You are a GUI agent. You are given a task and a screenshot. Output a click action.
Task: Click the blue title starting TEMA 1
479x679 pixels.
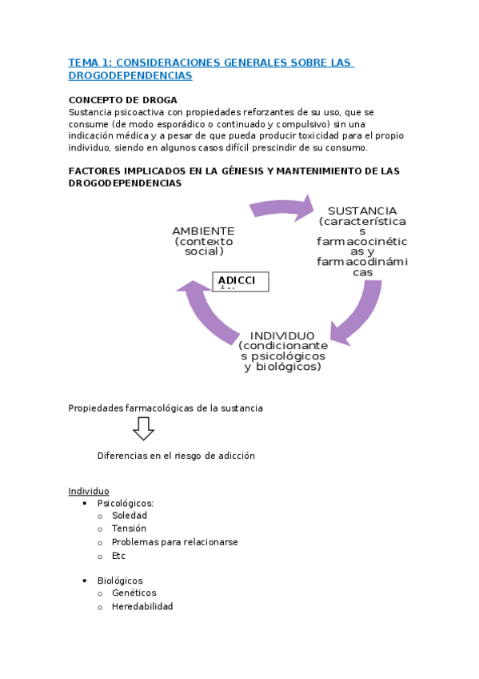(210, 69)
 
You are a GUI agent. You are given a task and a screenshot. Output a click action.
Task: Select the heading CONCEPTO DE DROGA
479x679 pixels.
(117, 100)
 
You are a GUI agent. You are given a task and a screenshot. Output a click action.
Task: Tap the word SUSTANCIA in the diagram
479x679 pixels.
(362, 211)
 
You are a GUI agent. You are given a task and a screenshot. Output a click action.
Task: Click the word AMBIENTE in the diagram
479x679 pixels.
(203, 231)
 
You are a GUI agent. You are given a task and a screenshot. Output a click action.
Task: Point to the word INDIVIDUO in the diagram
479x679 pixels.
(282, 335)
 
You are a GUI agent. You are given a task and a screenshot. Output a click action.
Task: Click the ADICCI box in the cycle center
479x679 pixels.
(241, 281)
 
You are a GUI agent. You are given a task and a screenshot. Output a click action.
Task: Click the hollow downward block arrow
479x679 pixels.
(144, 429)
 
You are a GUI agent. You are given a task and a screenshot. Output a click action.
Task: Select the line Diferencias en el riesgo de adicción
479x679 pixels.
(176, 455)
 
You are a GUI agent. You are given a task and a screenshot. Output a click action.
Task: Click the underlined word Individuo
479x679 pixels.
(89, 491)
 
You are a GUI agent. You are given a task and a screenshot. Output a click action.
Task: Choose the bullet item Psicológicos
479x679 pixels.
(126, 504)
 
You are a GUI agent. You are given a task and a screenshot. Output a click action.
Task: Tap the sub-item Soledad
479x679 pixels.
(130, 516)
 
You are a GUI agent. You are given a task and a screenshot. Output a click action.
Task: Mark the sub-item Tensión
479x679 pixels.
(129, 529)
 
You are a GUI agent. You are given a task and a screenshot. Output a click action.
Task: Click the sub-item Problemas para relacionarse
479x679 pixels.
(174, 542)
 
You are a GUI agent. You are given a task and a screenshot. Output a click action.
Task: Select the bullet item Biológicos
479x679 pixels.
(120, 581)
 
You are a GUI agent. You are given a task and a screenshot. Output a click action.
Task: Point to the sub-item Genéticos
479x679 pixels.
(134, 593)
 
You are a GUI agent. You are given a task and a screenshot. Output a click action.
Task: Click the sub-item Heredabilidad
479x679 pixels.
(142, 606)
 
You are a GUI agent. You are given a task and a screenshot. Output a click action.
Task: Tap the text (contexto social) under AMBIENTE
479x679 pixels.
(203, 246)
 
